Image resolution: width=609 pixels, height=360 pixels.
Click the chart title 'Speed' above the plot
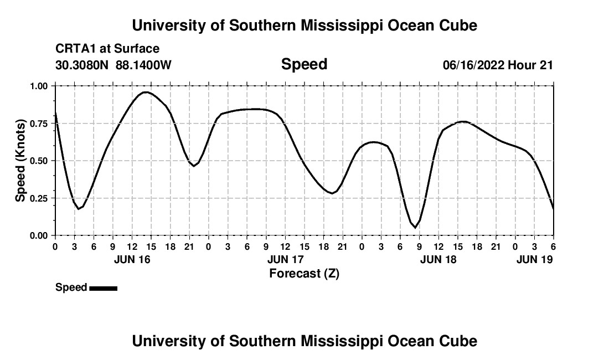[304, 64]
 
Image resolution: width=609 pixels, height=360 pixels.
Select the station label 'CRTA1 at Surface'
[107, 49]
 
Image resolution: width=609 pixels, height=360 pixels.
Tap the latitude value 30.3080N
[82, 65]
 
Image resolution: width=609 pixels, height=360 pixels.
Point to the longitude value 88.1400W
[143, 65]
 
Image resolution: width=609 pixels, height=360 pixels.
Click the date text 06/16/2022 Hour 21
[498, 65]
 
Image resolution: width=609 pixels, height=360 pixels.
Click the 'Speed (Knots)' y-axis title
[20, 161]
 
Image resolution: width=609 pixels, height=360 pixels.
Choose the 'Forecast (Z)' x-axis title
[304, 274]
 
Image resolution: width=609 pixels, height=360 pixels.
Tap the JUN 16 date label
[132, 259]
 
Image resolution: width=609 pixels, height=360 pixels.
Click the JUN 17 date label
[285, 259]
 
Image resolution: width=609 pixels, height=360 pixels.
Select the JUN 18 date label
[438, 259]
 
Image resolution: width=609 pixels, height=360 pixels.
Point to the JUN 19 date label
[534, 259]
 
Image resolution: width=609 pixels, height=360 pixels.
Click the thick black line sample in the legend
[103, 288]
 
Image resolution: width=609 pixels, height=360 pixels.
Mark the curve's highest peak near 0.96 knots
[146, 92]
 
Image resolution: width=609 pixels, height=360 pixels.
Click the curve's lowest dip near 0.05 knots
[415, 227]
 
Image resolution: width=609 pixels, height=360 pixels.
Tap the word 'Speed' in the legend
[71, 287]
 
